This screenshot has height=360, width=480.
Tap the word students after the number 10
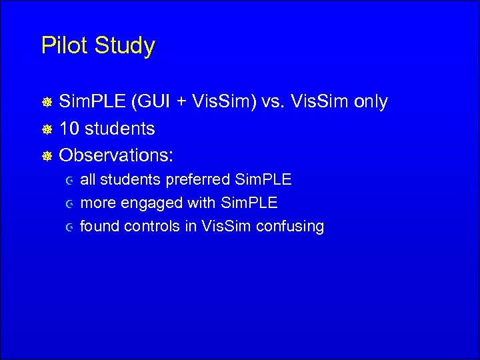point(119,129)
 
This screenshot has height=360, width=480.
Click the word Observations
point(117,155)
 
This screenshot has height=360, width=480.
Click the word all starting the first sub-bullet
point(88,180)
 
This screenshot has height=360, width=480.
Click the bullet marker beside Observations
point(47,156)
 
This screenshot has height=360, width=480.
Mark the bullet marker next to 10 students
point(47,129)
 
